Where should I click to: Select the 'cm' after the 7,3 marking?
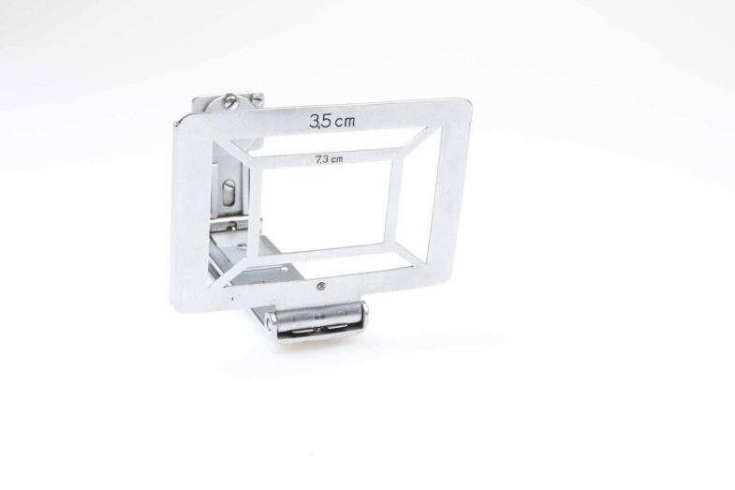tap(336, 159)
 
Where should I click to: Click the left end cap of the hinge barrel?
tap(268, 320)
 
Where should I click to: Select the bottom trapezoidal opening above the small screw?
tap(327, 261)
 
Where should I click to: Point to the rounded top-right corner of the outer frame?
tap(464, 104)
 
